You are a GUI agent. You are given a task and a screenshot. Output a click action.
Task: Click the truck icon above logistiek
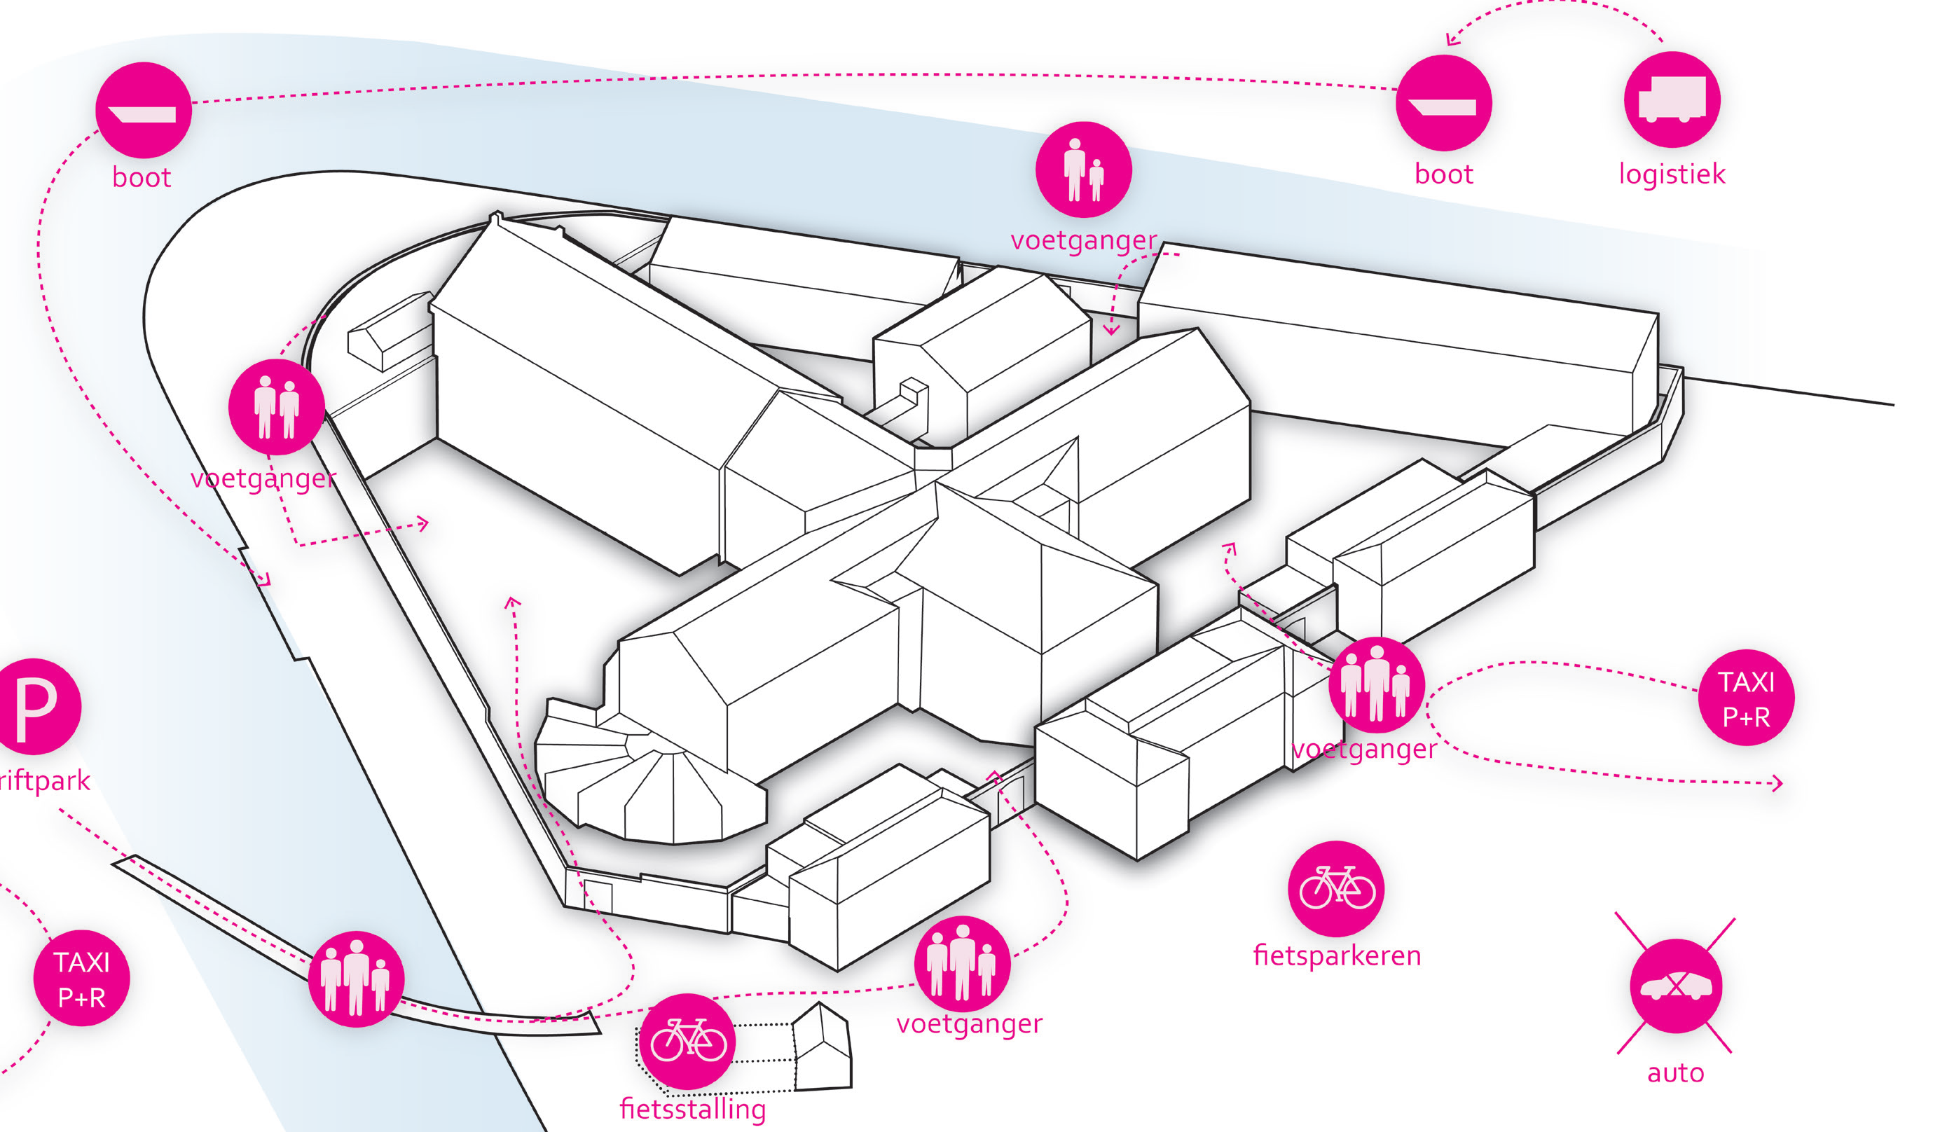pos(1672,99)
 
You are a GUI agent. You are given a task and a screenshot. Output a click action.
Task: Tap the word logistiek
pos(1672,174)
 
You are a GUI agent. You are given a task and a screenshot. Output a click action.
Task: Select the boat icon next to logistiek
pos(1443,103)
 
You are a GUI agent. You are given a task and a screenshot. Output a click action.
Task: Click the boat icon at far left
pos(144,111)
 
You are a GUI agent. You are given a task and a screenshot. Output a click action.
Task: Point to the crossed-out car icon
pos(1676,986)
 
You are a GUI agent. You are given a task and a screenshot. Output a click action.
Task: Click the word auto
pos(1676,1073)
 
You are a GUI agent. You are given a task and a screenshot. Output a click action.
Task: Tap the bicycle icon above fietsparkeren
pos(1336,889)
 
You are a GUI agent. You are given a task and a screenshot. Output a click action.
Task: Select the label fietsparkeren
pos(1337,955)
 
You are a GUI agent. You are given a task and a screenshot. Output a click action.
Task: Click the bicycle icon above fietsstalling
pos(687,1042)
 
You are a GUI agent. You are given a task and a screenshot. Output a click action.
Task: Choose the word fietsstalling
pos(693,1109)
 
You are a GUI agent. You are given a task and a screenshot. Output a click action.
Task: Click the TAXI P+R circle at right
pos(1746,698)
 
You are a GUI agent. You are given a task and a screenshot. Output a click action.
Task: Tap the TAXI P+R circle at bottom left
pos(81,979)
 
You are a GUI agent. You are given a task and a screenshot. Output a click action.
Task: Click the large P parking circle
pos(34,706)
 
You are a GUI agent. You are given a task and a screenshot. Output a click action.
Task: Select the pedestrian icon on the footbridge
pos(355,979)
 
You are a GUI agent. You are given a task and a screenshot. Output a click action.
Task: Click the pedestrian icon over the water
pos(1083,170)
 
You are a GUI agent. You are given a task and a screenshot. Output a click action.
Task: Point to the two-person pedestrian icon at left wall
pos(276,406)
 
